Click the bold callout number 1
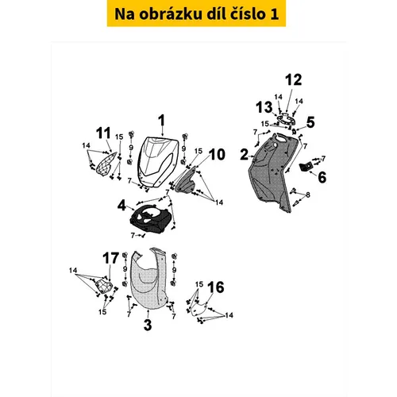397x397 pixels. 161,121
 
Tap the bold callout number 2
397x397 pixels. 245,155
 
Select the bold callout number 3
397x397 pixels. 148,325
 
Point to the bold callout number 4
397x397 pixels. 121,205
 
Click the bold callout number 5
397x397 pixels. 310,122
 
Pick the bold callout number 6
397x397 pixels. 322,177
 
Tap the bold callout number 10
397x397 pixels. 217,154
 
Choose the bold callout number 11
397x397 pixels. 103,133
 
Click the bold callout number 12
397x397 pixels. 294,80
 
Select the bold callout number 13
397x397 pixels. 264,107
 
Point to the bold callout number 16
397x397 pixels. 216,287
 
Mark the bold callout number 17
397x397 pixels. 111,258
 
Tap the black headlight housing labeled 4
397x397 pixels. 150,218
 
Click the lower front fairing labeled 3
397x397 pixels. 149,279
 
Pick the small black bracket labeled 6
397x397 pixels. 306,167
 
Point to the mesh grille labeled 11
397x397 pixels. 106,163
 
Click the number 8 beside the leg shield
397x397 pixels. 307,195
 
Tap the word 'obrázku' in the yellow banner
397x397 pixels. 170,13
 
